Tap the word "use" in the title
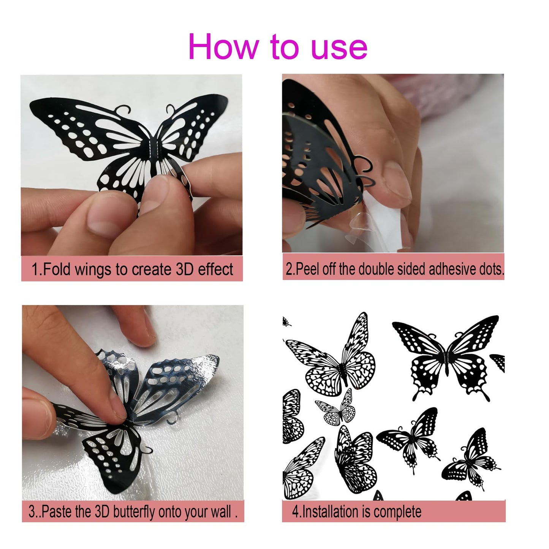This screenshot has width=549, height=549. [x=339, y=47]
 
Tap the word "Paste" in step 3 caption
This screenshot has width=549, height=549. [x=57, y=512]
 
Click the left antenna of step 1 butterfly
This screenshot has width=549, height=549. [x=122, y=110]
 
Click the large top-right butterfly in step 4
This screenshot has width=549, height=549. [x=446, y=357]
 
